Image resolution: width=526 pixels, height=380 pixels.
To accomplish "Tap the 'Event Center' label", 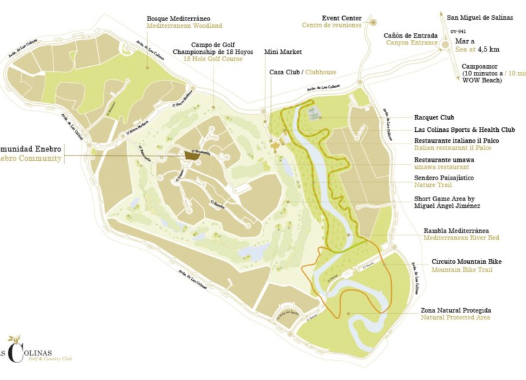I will point(342,18).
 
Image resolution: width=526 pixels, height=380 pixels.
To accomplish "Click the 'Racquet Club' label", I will point(434,117).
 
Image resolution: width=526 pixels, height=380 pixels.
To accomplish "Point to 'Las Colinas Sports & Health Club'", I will point(464,130).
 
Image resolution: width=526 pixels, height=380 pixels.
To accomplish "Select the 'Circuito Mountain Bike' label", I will point(466,262).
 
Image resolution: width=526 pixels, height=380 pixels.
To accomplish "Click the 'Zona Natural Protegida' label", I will point(456,310).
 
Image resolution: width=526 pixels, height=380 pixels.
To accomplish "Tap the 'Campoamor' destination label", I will point(481,64).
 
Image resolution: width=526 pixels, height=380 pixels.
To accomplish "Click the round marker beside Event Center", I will point(373,22).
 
